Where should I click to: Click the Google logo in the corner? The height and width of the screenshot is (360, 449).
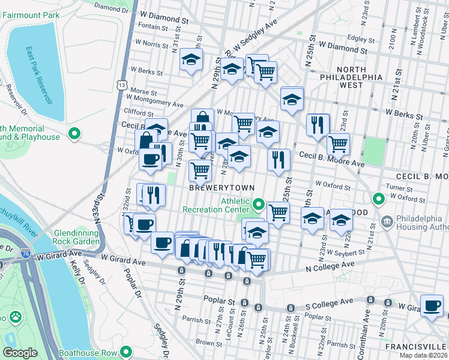[x=20, y=353]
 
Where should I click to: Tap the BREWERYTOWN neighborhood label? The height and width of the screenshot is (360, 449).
[x=218, y=188]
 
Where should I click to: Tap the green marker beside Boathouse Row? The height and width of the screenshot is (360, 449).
[x=125, y=352]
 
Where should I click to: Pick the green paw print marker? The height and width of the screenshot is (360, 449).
[x=14, y=316]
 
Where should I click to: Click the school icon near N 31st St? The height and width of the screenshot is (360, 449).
[x=191, y=59]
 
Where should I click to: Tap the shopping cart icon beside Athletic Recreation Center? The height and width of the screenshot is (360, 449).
[x=278, y=212]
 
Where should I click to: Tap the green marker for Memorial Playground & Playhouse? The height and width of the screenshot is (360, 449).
[x=74, y=133]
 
